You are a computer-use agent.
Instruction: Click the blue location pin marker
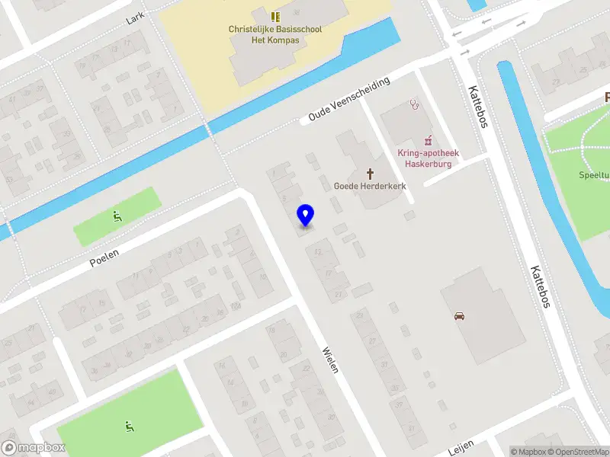pyautogui.click(x=306, y=215)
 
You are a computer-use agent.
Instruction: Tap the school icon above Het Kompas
pyautogui.click(x=275, y=16)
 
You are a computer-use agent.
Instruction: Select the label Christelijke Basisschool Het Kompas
pyautogui.click(x=275, y=35)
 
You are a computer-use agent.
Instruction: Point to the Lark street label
pyautogui.click(x=136, y=16)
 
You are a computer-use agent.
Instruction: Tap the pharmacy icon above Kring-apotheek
pyautogui.click(x=429, y=139)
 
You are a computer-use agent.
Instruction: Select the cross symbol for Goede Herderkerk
pyautogui.click(x=371, y=173)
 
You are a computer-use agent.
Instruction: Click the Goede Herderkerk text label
pyautogui.click(x=370, y=186)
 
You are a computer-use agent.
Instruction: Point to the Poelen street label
pyautogui.click(x=104, y=257)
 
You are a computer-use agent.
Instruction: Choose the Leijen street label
pyautogui.click(x=461, y=447)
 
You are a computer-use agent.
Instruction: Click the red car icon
pyautogui.click(x=459, y=316)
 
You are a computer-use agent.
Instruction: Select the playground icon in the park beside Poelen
pyautogui.click(x=117, y=216)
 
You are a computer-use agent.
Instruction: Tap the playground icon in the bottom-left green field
pyautogui.click(x=128, y=426)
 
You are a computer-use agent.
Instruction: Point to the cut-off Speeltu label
pyautogui.click(x=593, y=174)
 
